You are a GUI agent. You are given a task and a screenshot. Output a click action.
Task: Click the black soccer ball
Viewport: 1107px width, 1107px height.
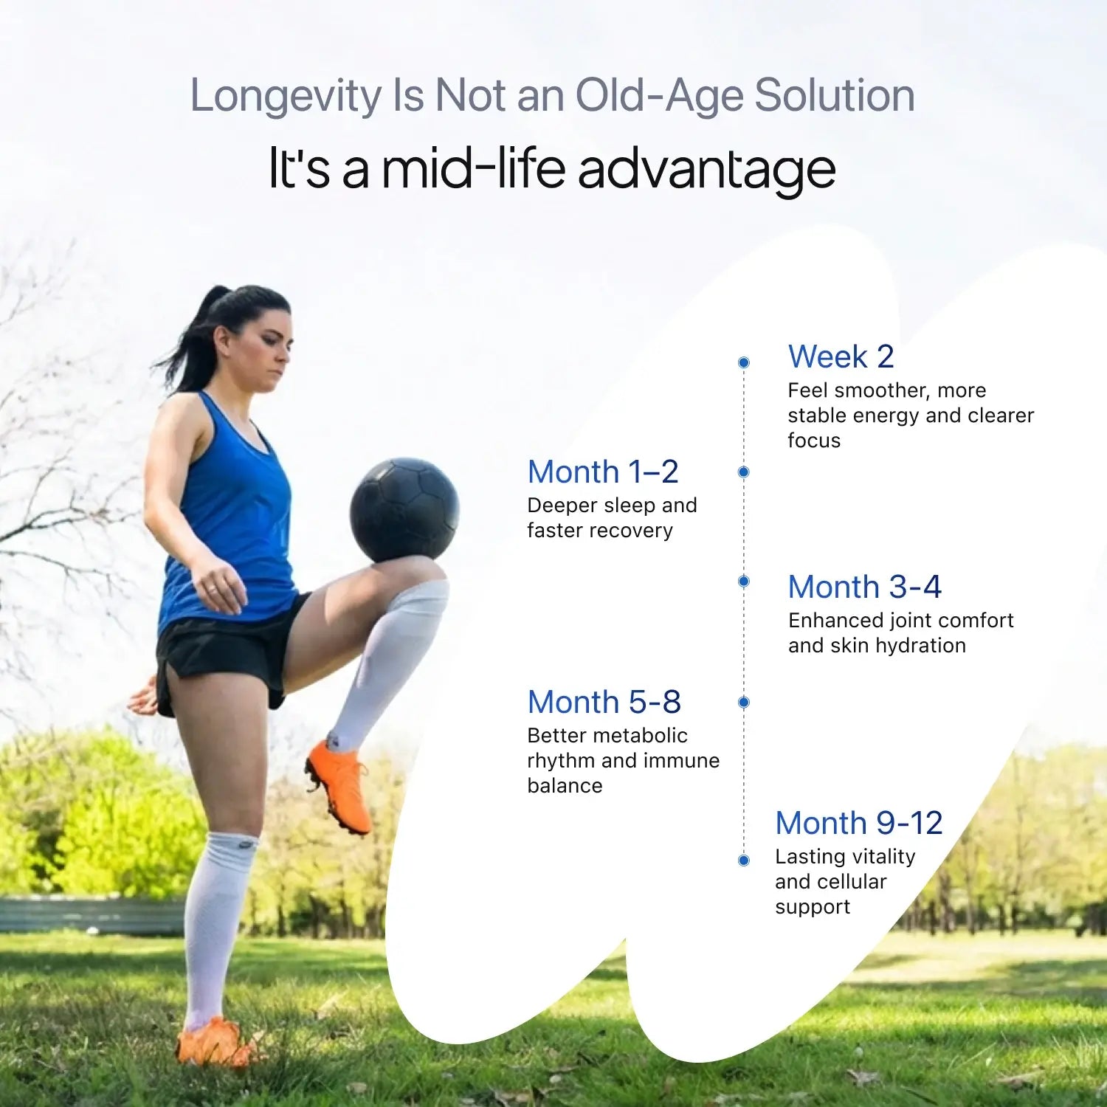pos(404,510)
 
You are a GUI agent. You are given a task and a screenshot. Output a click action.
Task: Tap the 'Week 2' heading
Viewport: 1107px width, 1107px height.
pos(841,356)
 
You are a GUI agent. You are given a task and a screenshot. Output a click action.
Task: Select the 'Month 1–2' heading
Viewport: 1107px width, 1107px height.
pos(603,472)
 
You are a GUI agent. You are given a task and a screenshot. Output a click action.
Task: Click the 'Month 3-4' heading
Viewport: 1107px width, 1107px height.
pos(865,587)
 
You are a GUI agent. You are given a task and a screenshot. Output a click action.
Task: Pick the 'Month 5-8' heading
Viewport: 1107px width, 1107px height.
pos(604,702)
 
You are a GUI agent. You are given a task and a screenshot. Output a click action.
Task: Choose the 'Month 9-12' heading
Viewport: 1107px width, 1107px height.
pos(859,823)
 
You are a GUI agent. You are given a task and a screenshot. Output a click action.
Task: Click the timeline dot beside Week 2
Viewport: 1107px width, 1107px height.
pos(744,362)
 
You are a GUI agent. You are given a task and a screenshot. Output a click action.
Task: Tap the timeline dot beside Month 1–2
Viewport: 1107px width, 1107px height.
pos(744,472)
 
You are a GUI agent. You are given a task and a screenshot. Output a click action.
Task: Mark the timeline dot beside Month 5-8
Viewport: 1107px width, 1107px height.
pos(744,702)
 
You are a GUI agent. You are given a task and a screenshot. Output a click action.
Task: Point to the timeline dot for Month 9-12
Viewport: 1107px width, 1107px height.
pos(744,860)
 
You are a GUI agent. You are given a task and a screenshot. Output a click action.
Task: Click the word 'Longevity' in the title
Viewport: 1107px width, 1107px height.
pos(285,97)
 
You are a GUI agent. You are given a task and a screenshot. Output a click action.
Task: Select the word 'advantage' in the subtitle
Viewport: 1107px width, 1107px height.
pos(707,168)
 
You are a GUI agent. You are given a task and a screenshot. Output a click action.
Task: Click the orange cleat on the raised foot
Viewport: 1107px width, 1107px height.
pos(339,786)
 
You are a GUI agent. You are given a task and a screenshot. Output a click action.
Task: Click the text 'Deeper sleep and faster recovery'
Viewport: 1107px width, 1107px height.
pos(612,518)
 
